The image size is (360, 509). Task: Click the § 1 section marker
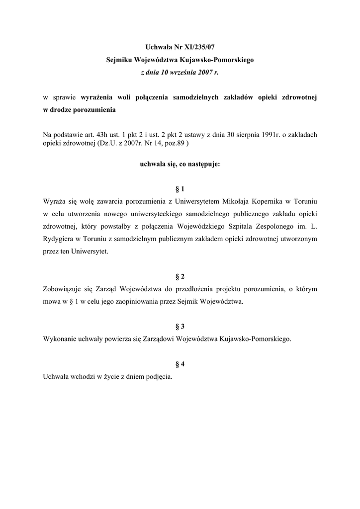[180, 189]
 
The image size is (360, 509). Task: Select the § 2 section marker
[180, 276]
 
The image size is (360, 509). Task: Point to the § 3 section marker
[180, 326]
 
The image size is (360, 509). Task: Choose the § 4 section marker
[180, 364]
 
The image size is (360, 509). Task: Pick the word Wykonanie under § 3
[60, 339]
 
